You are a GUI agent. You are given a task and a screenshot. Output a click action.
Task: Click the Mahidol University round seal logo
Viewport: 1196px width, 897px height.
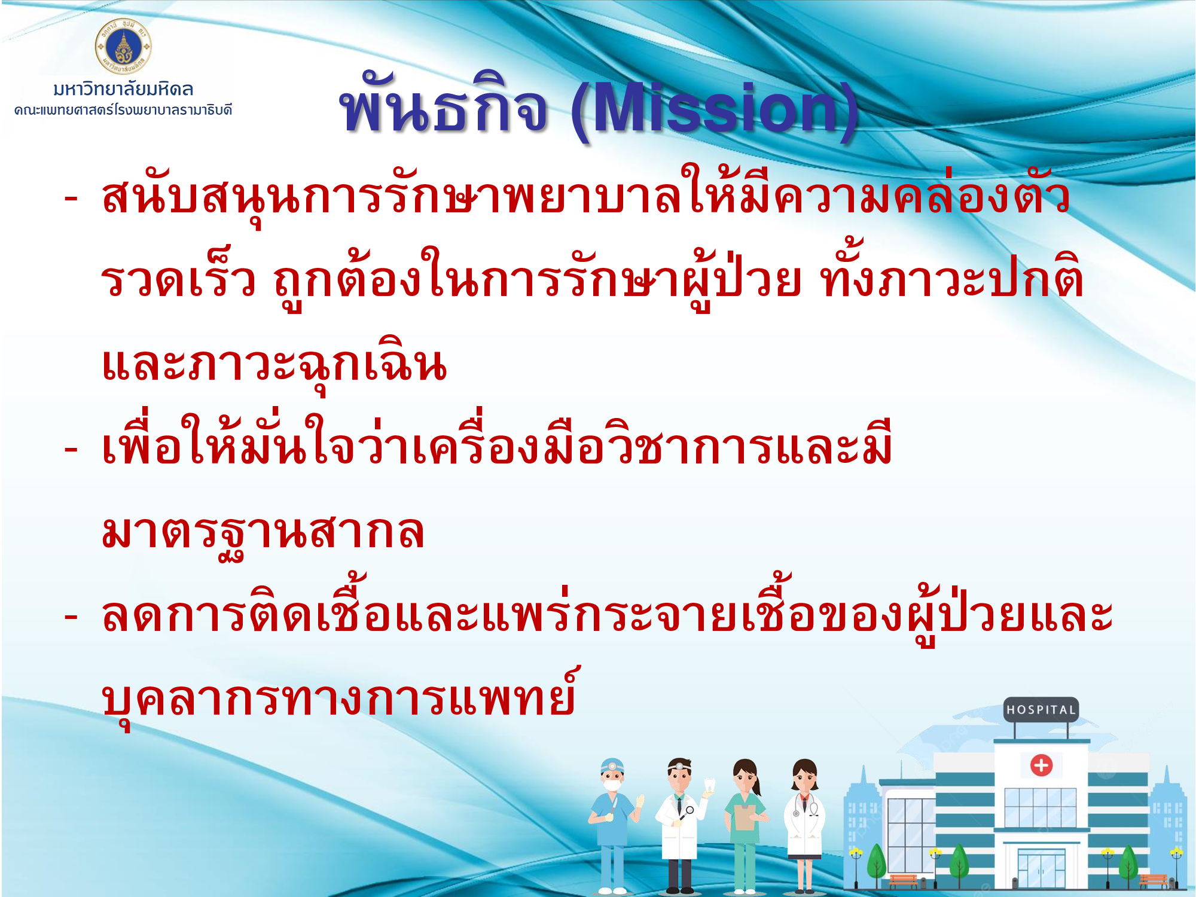(123, 47)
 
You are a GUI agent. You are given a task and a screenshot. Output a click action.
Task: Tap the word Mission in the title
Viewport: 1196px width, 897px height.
(715, 108)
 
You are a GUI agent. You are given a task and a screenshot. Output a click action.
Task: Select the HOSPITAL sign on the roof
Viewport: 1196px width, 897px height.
(1041, 710)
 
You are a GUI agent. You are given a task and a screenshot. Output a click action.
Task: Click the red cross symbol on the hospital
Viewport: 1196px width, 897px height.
(1041, 765)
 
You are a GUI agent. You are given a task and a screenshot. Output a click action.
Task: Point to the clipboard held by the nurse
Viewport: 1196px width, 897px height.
(745, 817)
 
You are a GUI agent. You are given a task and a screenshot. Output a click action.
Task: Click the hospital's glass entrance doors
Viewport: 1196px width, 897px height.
(1041, 868)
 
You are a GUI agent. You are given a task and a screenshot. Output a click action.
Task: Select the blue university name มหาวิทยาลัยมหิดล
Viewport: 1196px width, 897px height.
(123, 90)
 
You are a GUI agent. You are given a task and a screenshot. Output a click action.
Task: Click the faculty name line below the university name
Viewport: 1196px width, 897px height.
(123, 110)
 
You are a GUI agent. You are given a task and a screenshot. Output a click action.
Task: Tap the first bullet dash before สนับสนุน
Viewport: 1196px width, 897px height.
(71, 199)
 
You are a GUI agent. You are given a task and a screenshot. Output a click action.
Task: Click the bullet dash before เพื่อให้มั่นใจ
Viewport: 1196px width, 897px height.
(71, 450)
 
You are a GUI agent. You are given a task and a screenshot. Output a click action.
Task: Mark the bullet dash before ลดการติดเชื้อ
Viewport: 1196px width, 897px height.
(71, 617)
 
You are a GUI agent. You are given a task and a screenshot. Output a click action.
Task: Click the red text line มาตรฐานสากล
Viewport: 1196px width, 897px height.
(263, 532)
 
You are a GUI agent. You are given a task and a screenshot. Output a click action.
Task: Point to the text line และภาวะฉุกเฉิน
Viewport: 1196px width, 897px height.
(274, 365)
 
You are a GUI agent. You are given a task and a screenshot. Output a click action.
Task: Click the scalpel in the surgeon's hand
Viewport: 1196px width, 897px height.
(612, 804)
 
